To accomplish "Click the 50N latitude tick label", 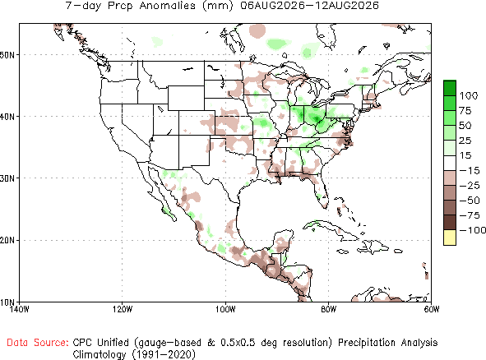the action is point(7,55).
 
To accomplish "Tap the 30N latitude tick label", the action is point(7,178).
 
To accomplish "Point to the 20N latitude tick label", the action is point(7,241).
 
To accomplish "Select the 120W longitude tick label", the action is point(123,309).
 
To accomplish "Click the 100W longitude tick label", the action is point(225,309).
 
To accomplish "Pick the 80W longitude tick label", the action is point(329,309).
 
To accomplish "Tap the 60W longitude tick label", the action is point(432,309).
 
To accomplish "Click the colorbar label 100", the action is point(469,95).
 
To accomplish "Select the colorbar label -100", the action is point(473,230).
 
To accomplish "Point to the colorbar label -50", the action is point(470,201).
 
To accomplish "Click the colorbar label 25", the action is point(465,141).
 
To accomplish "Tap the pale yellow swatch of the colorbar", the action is point(450,238).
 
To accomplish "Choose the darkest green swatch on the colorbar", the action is point(450,88).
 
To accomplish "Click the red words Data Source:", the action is point(38,343).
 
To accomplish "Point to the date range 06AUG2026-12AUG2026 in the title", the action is point(310,6).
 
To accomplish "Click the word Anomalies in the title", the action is point(168,6).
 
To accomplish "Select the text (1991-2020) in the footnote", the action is point(164,354).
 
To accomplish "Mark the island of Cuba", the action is point(330,229).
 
